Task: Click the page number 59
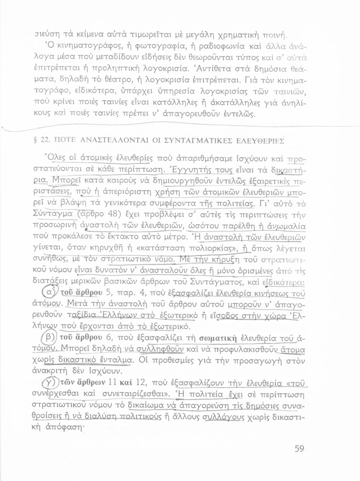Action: point(299,448)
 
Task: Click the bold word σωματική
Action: point(218,338)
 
